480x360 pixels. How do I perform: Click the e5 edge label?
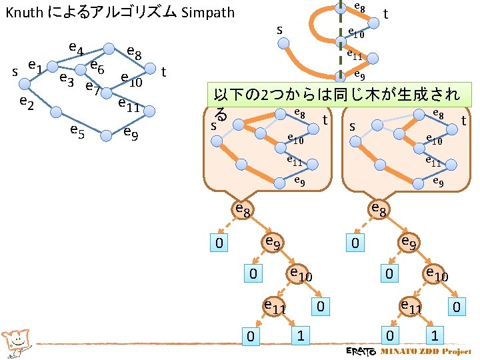(76, 132)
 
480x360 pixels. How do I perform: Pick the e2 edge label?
(27, 101)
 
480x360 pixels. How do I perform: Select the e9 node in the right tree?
(407, 243)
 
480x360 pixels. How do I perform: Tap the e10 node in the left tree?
(299, 273)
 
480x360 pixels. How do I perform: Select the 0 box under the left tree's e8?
(218, 243)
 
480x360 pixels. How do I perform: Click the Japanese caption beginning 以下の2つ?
(333, 94)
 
